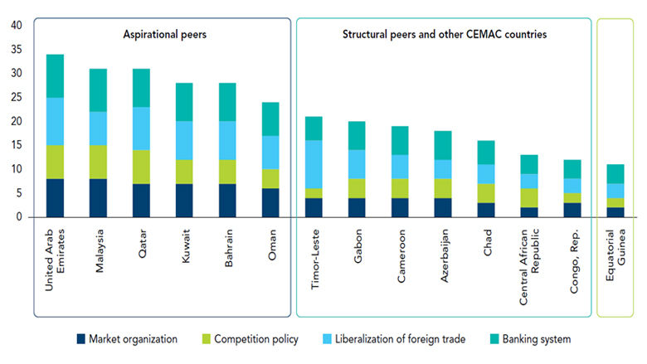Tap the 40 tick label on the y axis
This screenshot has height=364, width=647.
point(16,26)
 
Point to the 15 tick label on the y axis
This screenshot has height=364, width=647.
point(16,145)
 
